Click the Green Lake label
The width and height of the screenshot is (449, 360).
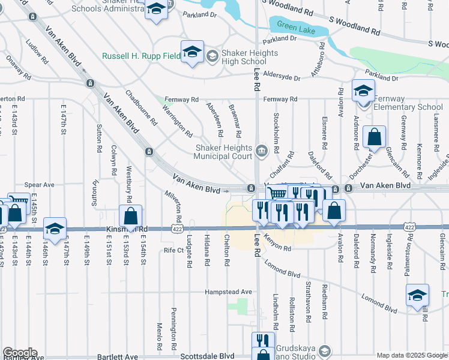(292, 26)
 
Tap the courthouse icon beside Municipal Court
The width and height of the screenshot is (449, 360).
(262, 151)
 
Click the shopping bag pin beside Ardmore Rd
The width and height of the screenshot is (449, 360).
(374, 137)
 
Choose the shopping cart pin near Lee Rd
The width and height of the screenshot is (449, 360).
(276, 194)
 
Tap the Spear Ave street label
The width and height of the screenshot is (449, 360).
(39, 185)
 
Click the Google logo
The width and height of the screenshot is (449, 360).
(20, 353)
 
